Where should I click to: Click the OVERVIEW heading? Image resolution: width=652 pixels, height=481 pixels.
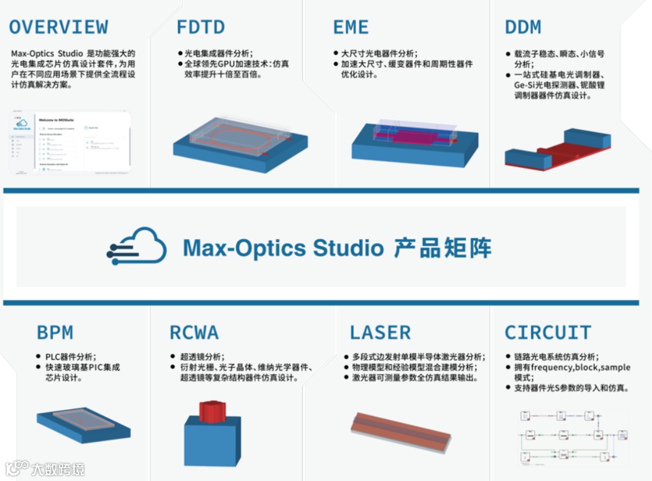(x=59, y=27)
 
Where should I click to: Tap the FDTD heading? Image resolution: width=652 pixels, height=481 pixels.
(x=200, y=27)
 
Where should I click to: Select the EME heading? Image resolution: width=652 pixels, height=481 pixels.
(x=351, y=27)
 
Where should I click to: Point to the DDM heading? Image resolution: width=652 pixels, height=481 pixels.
(x=523, y=27)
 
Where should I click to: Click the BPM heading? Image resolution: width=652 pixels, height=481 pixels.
(x=55, y=333)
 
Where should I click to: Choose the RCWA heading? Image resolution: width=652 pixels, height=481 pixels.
(x=194, y=333)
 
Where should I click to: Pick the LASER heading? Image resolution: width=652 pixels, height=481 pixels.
(x=380, y=333)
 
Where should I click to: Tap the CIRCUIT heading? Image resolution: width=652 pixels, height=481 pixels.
(x=548, y=333)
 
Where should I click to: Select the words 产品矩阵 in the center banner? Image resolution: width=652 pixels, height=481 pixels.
(x=443, y=247)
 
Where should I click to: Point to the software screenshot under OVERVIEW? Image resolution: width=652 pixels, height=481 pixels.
(x=71, y=142)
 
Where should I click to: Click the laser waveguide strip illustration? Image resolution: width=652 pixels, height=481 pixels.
(x=400, y=431)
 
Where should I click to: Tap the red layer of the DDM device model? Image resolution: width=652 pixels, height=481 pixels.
(x=558, y=156)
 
